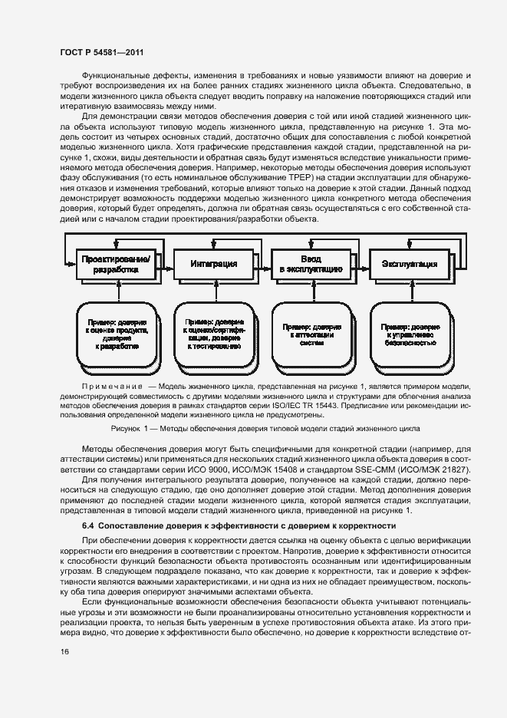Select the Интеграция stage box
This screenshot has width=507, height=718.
(213, 263)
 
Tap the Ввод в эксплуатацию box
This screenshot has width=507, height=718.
(311, 263)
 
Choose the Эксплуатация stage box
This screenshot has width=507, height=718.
(409, 263)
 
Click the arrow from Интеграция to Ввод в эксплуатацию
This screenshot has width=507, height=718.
(263, 263)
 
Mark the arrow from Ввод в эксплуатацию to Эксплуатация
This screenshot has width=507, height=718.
(360, 263)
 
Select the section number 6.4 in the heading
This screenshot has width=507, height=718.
(89, 525)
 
